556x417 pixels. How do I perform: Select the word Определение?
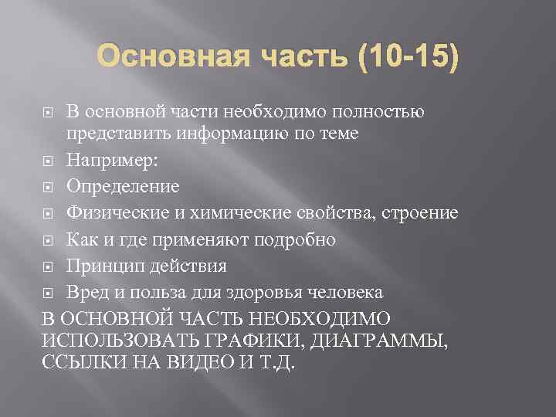pos(123,187)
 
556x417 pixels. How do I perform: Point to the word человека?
pos(347,293)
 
